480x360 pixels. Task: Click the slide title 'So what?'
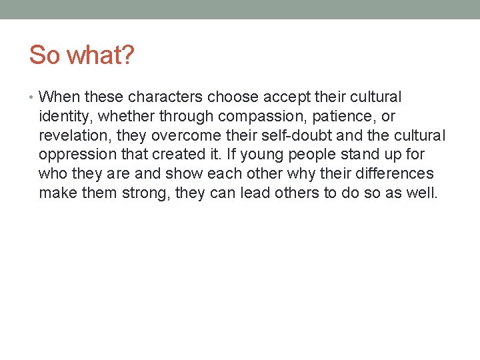pyautogui.click(x=81, y=55)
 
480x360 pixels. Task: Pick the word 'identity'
pyautogui.click(x=66, y=117)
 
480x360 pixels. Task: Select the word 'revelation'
pyautogui.click(x=72, y=136)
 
